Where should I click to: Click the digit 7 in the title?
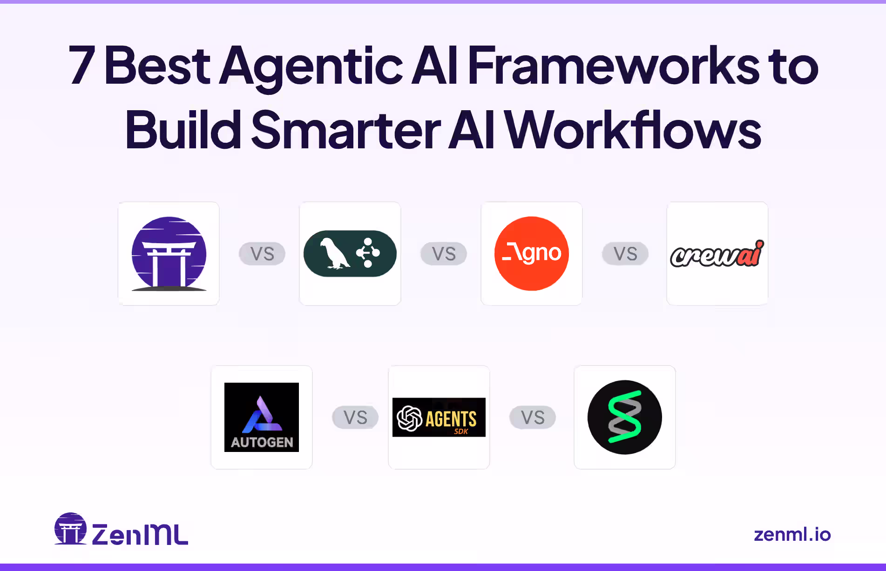(x=82, y=66)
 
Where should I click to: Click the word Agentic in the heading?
(x=311, y=66)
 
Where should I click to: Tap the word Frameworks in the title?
(x=613, y=66)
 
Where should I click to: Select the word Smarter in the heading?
(x=345, y=130)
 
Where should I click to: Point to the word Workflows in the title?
(x=633, y=130)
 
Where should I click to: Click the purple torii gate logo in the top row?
(x=169, y=254)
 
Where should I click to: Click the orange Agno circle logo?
(x=532, y=253)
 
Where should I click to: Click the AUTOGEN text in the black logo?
(x=262, y=442)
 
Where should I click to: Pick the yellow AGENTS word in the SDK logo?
(x=451, y=418)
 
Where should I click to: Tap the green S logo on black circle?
(x=625, y=417)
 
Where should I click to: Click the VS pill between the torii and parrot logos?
(x=262, y=254)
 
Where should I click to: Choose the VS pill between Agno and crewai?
(x=625, y=254)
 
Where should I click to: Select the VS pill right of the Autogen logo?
(x=355, y=418)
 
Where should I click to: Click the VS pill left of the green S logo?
(x=533, y=418)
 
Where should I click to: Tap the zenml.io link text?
(x=792, y=534)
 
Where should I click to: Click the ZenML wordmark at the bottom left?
(x=140, y=534)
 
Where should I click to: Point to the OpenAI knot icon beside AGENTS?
(x=409, y=418)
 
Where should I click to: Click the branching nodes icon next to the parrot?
(x=368, y=252)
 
